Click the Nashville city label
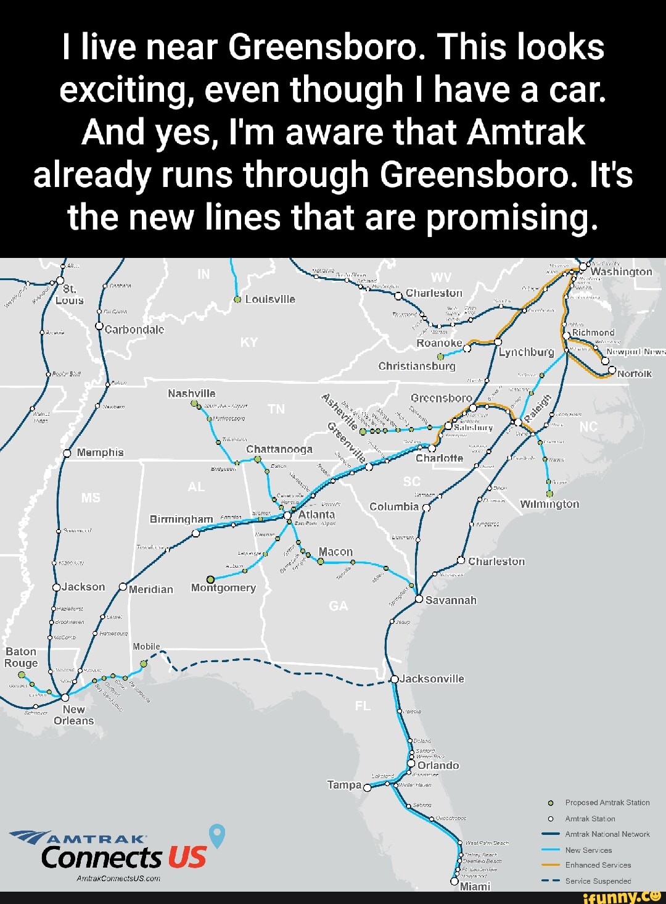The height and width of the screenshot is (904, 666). click(x=191, y=393)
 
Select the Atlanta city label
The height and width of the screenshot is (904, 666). click(x=316, y=514)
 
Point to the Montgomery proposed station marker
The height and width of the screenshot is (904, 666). click(x=210, y=579)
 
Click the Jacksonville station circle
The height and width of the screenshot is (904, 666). click(x=395, y=679)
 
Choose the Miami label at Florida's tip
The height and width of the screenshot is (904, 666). click(x=475, y=886)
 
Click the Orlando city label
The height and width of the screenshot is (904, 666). click(x=438, y=765)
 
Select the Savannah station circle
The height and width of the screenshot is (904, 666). click(x=419, y=599)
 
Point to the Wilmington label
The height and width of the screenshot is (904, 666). click(x=549, y=504)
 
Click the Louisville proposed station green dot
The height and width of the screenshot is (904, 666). click(x=237, y=300)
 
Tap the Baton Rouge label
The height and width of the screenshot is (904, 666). click(x=21, y=657)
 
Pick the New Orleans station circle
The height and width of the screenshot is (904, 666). click(x=65, y=697)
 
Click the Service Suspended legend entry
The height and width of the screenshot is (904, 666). click(x=598, y=881)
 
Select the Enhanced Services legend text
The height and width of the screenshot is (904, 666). click(x=598, y=865)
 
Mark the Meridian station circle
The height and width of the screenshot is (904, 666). click(x=123, y=587)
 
